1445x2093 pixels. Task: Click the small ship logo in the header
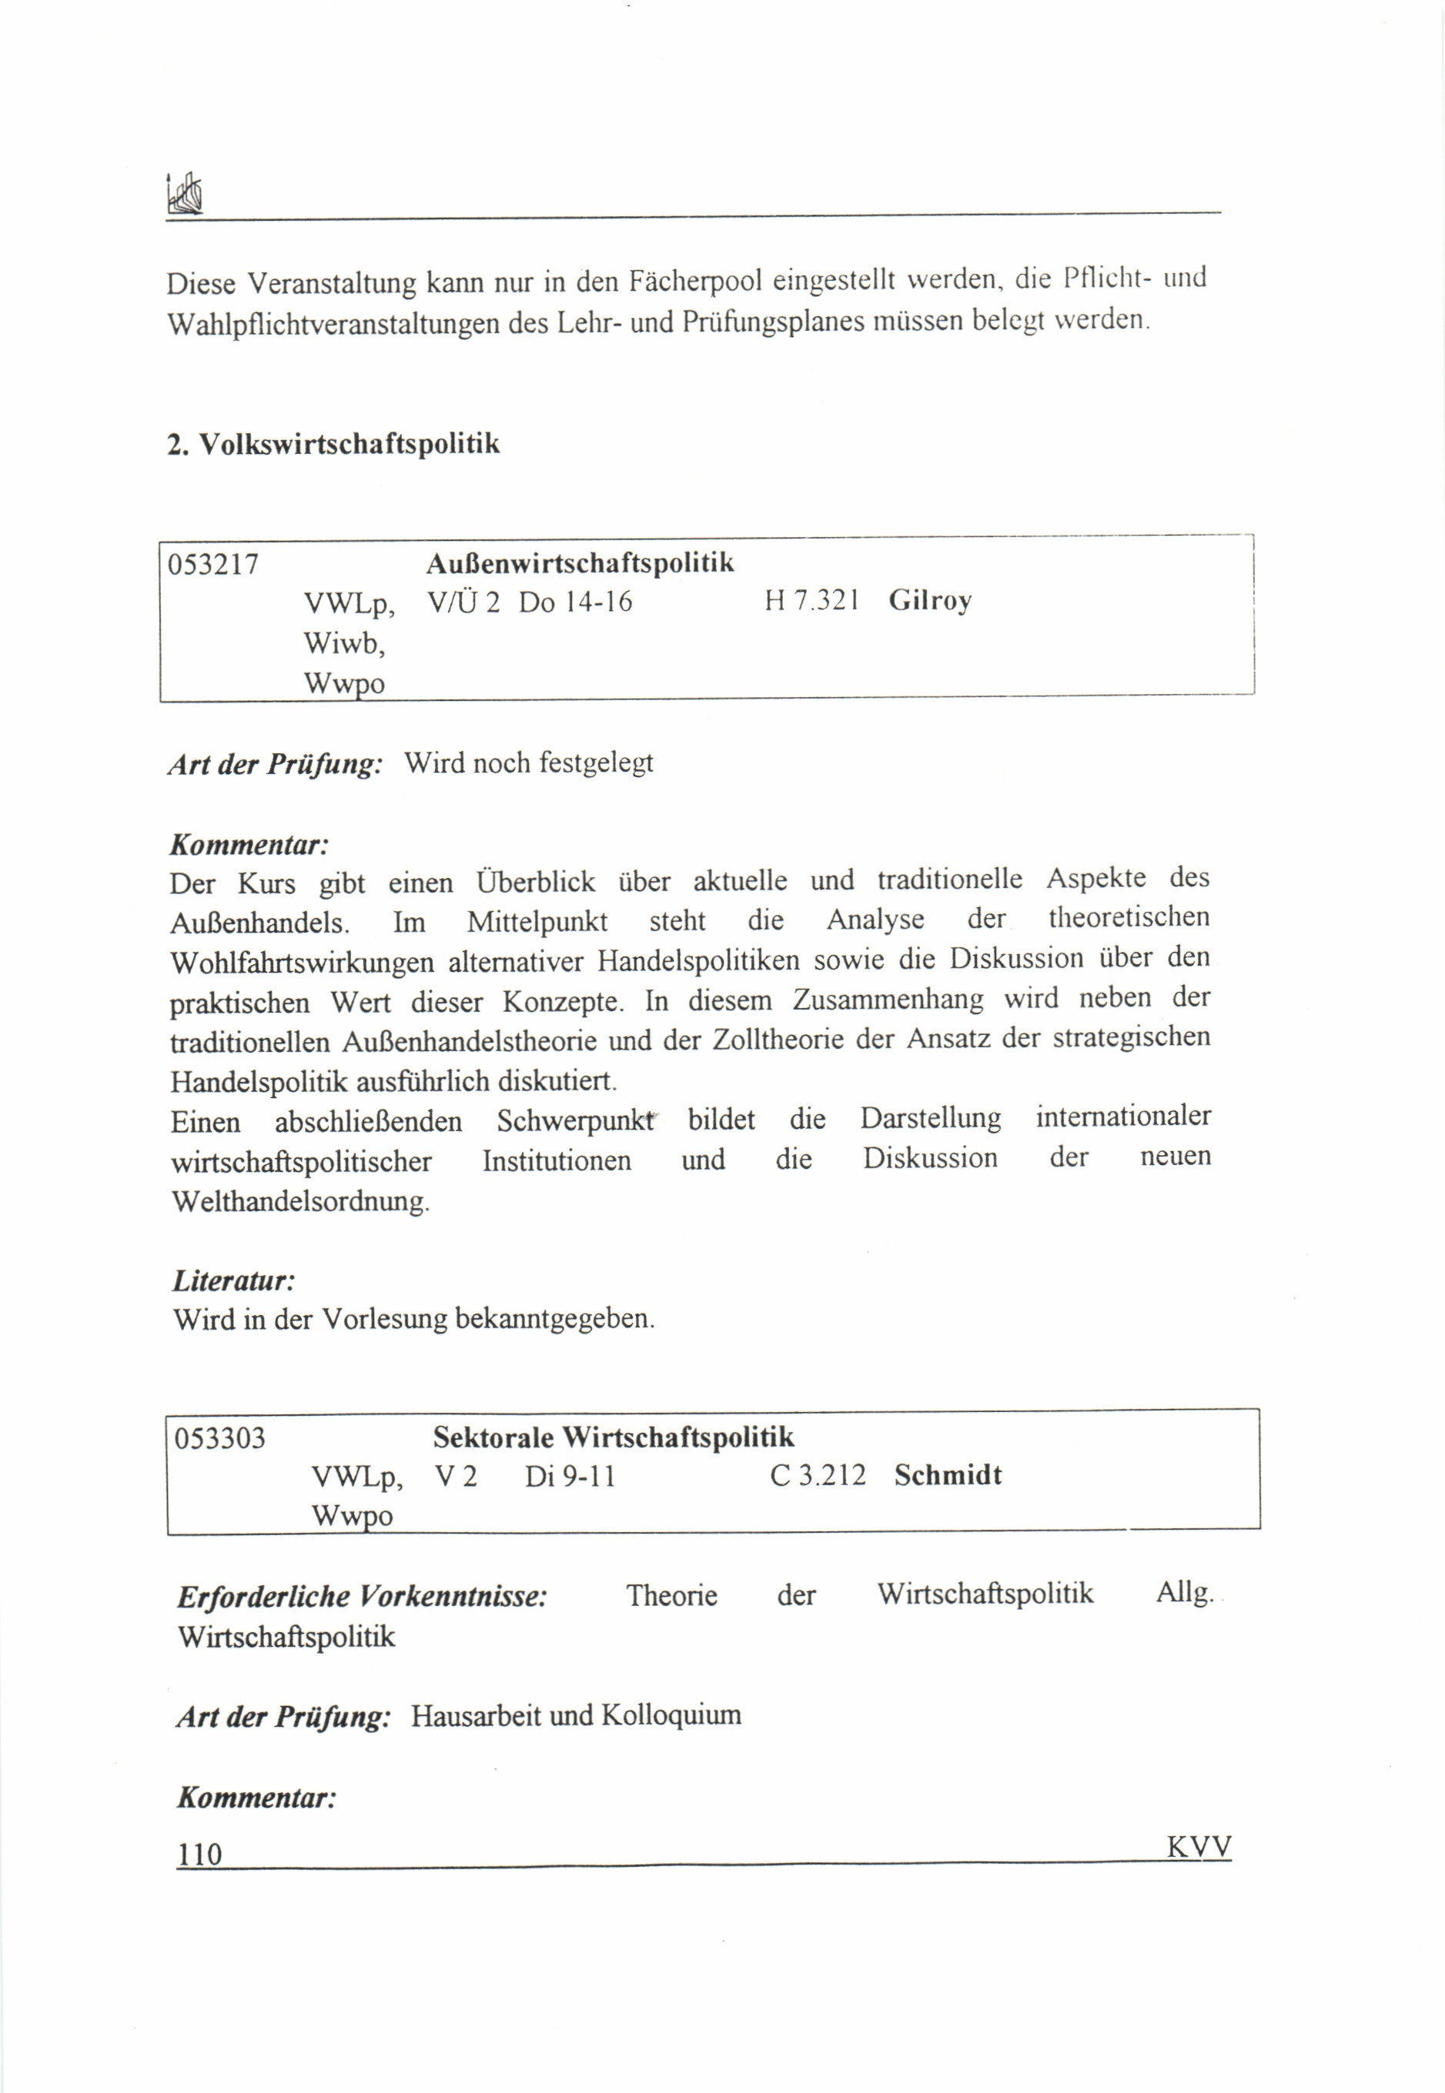pyautogui.click(x=185, y=194)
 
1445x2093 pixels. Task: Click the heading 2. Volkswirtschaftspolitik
pyautogui.click(x=333, y=444)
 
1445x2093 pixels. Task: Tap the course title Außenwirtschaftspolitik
pyautogui.click(x=580, y=562)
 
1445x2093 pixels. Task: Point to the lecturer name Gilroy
pyautogui.click(x=930, y=601)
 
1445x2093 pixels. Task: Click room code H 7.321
pyautogui.click(x=811, y=600)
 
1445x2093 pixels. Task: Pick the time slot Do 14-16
pyautogui.click(x=575, y=602)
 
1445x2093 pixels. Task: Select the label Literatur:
pyautogui.click(x=233, y=1280)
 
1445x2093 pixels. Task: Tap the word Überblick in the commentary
pyautogui.click(x=536, y=881)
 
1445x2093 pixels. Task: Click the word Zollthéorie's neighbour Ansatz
pyautogui.click(x=948, y=1038)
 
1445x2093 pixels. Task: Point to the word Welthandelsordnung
pyautogui.click(x=300, y=1202)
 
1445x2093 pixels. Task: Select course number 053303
pyautogui.click(x=220, y=1438)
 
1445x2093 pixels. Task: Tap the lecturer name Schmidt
pyautogui.click(x=948, y=1475)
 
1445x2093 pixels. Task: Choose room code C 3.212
pyautogui.click(x=818, y=1475)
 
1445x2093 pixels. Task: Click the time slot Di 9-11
pyautogui.click(x=570, y=1477)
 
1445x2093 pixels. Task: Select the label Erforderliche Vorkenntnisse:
pyautogui.click(x=362, y=1596)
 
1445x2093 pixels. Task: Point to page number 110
pyautogui.click(x=199, y=1854)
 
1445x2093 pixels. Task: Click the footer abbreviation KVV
pyautogui.click(x=1199, y=1846)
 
